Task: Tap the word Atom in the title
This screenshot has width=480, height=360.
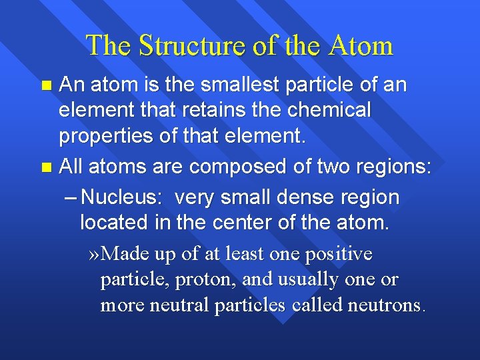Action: point(360,45)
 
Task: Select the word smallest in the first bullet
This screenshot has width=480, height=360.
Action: point(217,86)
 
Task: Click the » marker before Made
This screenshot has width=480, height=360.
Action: point(95,254)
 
